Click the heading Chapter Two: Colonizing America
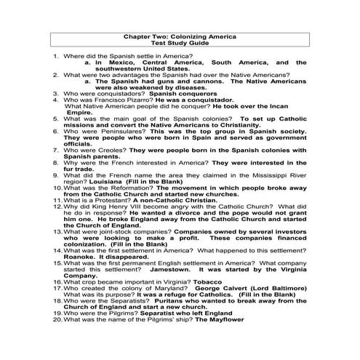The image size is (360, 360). tap(180, 36)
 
